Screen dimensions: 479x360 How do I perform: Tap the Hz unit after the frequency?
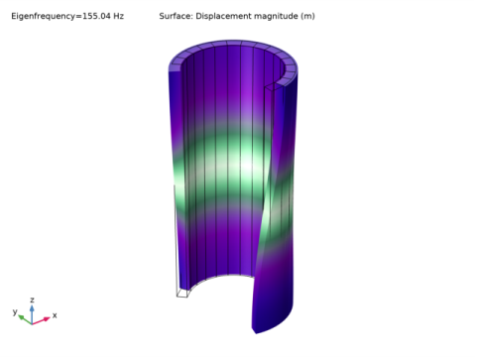118,16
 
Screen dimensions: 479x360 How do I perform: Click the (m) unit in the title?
307,16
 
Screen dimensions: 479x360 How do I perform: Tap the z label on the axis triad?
32,300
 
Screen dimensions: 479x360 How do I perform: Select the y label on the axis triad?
15,311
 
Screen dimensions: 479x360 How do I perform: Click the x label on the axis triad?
55,315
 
